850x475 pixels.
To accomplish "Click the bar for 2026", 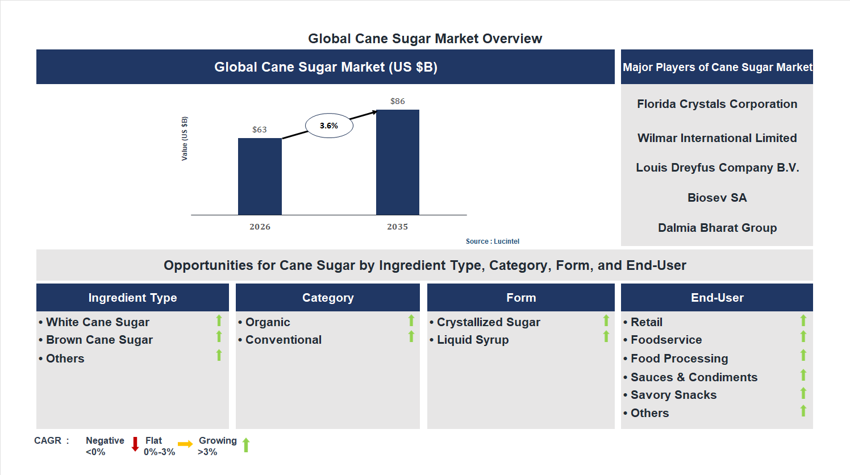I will coord(260,176).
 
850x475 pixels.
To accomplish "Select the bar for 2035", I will coord(398,162).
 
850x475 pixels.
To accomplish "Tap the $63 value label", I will coord(260,130).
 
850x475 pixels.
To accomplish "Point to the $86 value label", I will coord(398,101).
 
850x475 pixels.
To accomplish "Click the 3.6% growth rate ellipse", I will coord(329,126).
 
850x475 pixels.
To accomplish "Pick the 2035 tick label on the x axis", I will coord(398,227).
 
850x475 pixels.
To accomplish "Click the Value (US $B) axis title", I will coord(185,139).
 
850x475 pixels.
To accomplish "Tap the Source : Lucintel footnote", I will coord(492,241).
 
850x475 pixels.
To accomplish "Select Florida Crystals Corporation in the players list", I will coord(717,104).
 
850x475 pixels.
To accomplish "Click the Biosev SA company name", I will coord(717,198).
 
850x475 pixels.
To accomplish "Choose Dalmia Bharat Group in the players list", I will coord(717,228).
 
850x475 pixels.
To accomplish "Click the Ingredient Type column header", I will coord(132,298).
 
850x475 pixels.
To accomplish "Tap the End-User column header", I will coord(717,298).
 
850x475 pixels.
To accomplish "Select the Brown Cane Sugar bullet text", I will coord(99,340).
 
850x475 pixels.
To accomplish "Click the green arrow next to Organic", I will coord(411,320).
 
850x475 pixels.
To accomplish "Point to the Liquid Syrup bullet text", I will coord(473,340).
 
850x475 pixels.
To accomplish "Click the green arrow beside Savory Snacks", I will coord(803,393).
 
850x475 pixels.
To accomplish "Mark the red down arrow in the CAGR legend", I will coord(135,444).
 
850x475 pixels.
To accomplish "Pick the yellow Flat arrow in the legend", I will coord(185,444).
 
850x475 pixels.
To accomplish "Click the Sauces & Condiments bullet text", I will coord(694,377).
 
